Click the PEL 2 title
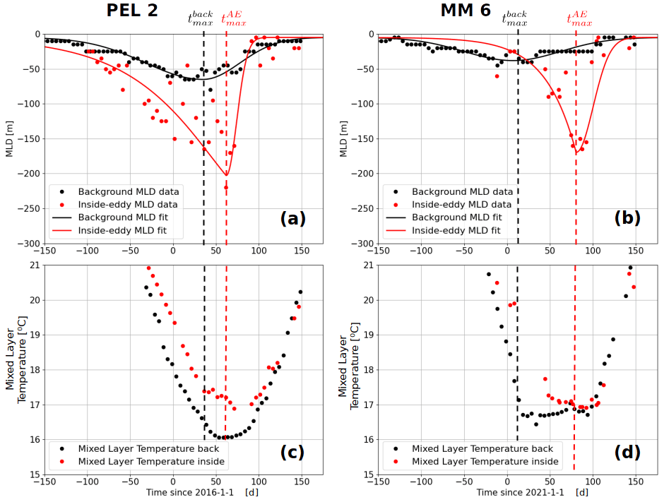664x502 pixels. click(132, 11)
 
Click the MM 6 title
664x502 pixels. click(466, 11)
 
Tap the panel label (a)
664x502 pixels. click(292, 218)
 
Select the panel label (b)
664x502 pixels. click(627, 218)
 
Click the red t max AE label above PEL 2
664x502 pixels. click(234, 19)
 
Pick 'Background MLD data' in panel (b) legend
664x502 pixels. click(463, 191)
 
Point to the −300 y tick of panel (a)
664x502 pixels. click(29, 244)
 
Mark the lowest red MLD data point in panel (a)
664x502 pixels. click(226, 187)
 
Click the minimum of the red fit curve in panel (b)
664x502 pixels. click(576, 153)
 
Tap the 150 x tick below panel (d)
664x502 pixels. click(635, 482)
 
